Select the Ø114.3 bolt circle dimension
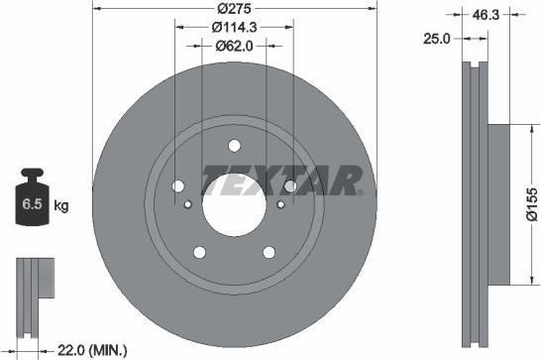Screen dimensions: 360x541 click(234, 28)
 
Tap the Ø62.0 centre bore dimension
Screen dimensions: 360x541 click(234, 45)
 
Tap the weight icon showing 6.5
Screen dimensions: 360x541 click(30, 204)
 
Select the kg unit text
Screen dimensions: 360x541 click(61, 206)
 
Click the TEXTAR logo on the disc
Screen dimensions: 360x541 click(280, 181)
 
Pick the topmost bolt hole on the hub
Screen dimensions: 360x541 click(234, 142)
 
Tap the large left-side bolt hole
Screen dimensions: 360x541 click(178, 185)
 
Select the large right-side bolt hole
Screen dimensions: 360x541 click(289, 185)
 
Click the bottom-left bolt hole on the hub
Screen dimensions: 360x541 click(199, 251)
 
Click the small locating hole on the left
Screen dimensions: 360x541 click(188, 204)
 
